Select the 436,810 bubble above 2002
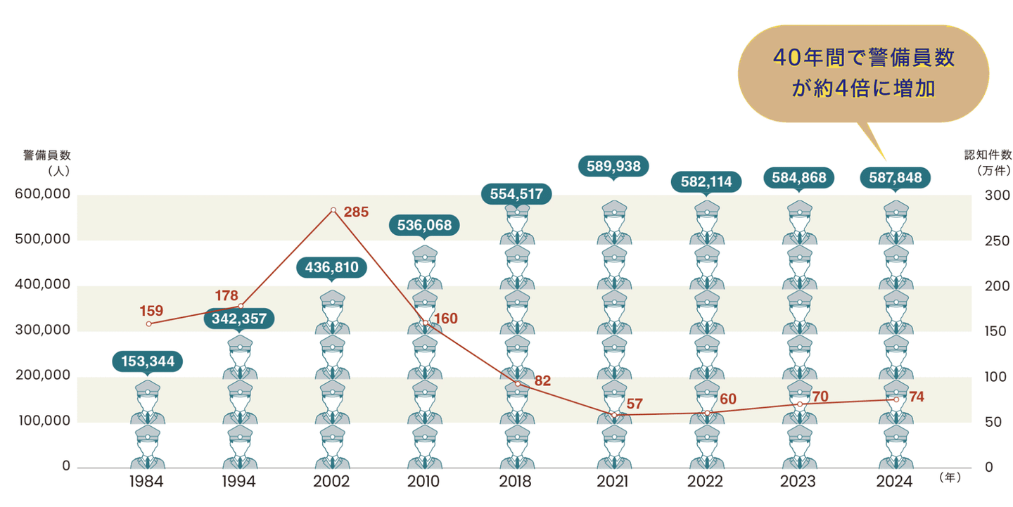click(331, 267)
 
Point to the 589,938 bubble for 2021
click(613, 166)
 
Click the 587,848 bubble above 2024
click(895, 177)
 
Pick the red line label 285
click(356, 211)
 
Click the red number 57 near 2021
click(635, 404)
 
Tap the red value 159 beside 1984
click(151, 309)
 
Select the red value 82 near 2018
click(542, 380)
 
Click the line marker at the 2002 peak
click(333, 210)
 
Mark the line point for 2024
click(896, 399)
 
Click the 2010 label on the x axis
click(423, 482)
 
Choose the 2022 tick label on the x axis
click(705, 482)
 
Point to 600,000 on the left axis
click(43, 195)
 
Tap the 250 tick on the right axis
click(998, 240)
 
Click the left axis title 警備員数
click(47, 155)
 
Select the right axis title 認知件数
click(987, 155)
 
